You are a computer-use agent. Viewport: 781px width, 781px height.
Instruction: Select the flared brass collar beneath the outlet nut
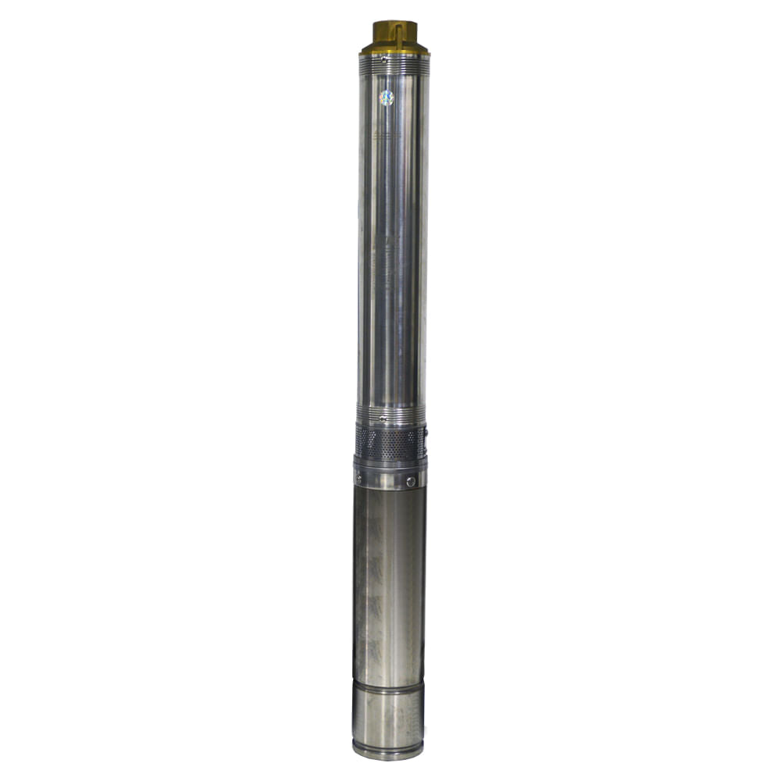(394, 49)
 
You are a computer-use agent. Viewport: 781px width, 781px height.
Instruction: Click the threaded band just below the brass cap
(394, 66)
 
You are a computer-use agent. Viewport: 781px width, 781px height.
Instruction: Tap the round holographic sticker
(387, 98)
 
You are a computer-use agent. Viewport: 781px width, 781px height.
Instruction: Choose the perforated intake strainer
(390, 444)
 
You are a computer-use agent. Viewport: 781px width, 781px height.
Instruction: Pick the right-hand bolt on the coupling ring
(411, 482)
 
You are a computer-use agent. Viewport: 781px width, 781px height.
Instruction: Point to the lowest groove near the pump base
(388, 740)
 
